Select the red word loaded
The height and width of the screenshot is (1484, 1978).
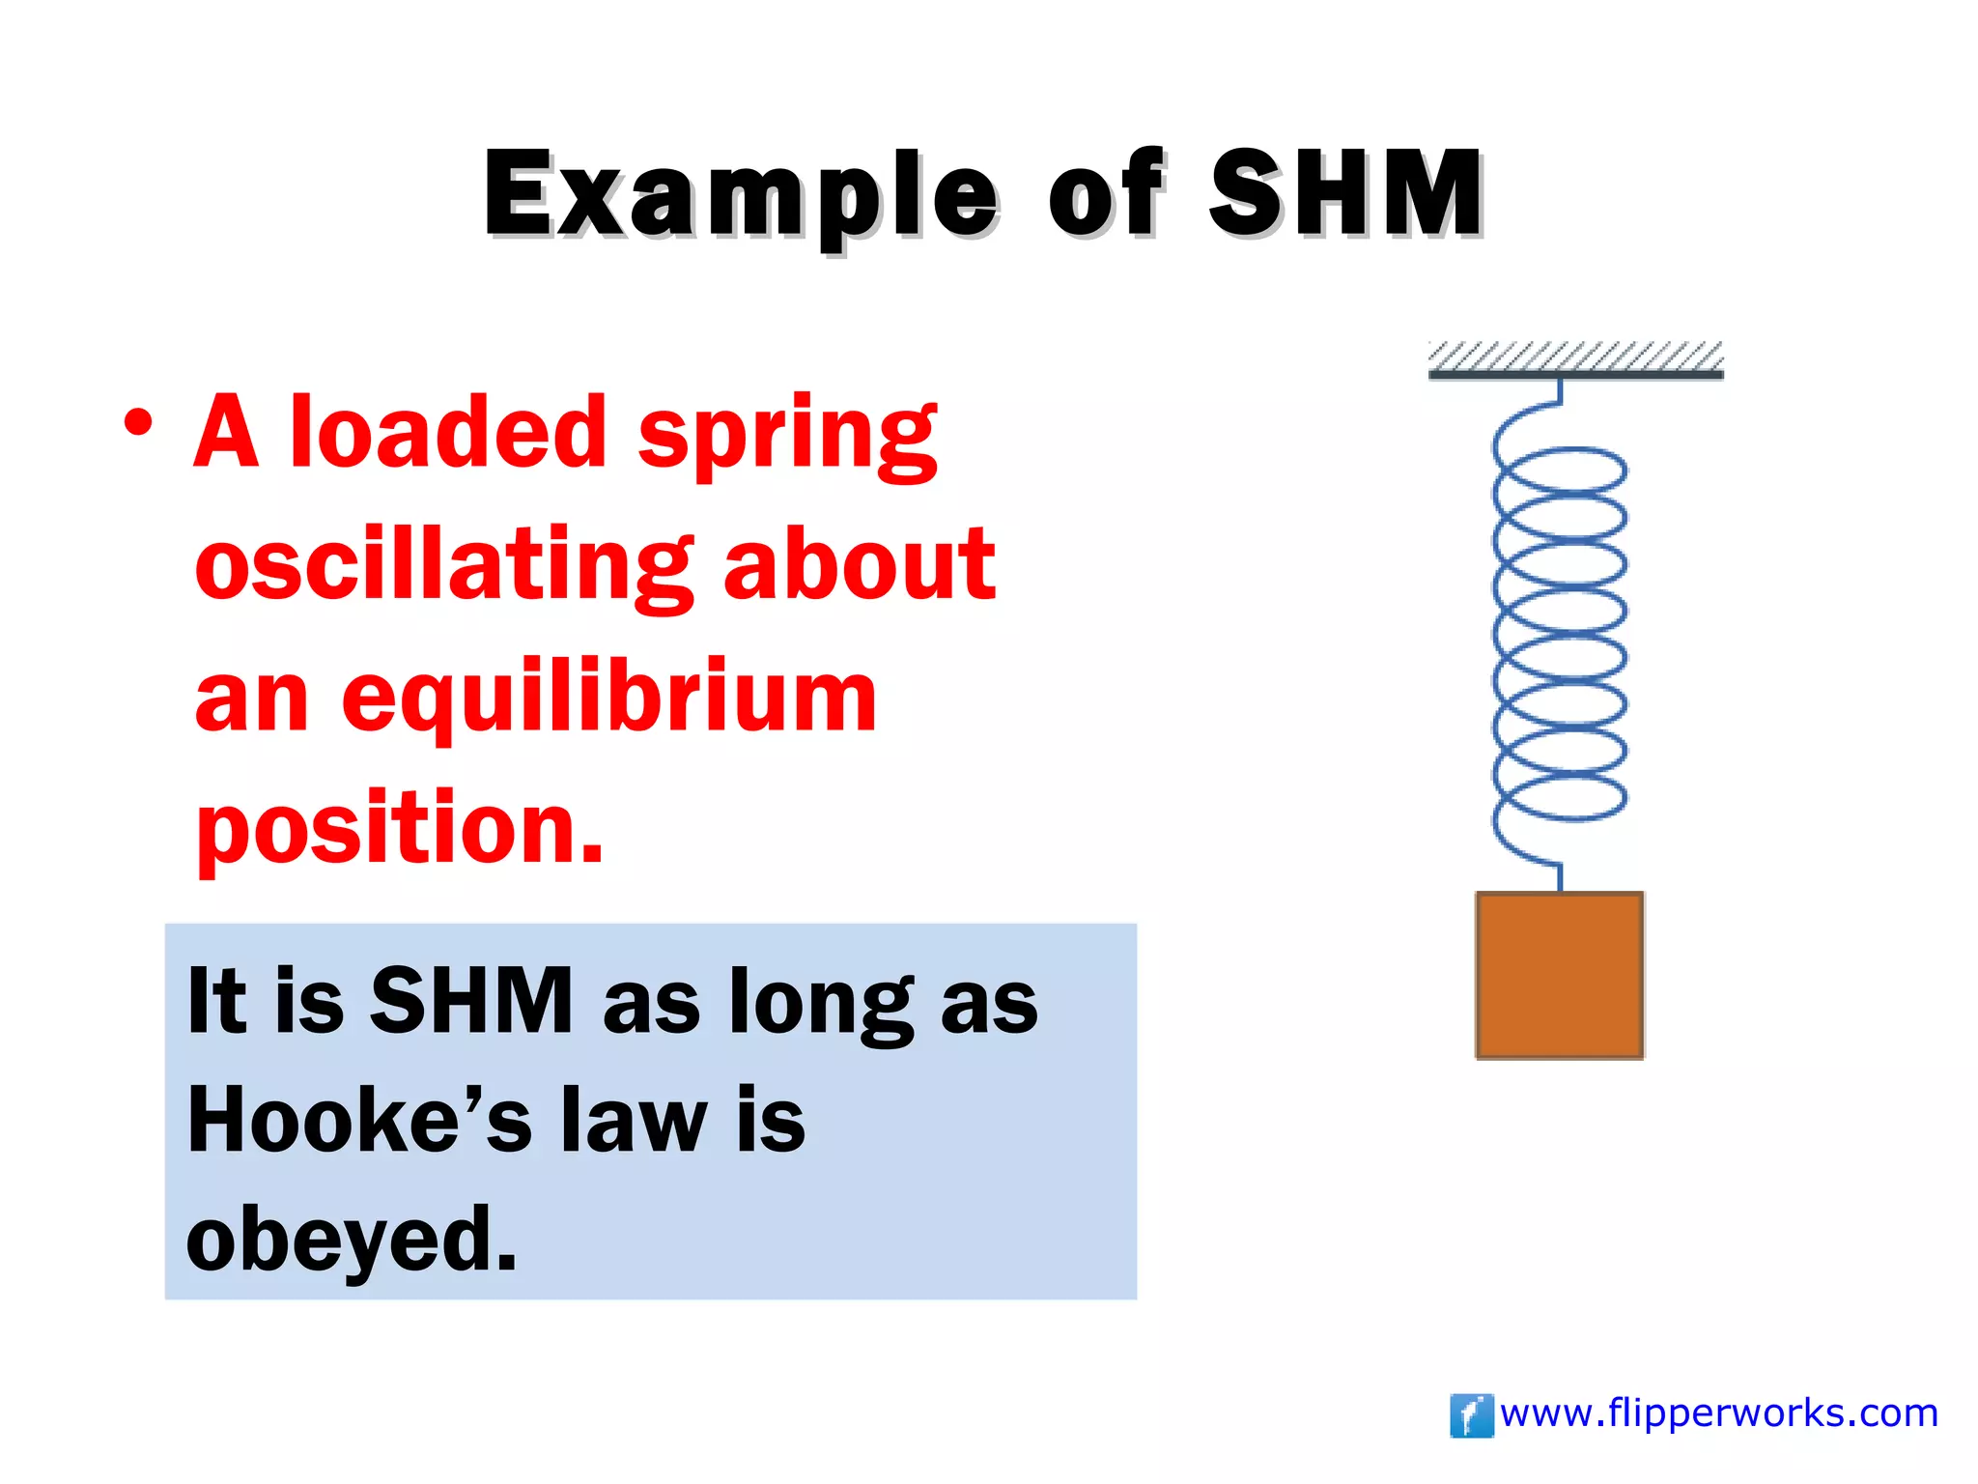tap(448, 432)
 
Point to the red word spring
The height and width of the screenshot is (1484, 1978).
tap(787, 437)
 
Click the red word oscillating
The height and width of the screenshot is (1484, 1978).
tap(443, 567)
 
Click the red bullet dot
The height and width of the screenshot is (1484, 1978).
tap(138, 423)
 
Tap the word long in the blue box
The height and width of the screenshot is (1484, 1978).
tap(820, 1005)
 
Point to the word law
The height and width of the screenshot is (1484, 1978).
tap(635, 1121)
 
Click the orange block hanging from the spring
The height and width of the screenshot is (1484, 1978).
tap(1559, 976)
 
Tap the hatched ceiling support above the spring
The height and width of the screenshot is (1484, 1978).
tap(1575, 358)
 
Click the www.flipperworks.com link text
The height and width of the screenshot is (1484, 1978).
tap(1719, 1413)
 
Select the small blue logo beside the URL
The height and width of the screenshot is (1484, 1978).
tap(1471, 1415)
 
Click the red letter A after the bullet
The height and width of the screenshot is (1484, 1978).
tap(226, 432)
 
